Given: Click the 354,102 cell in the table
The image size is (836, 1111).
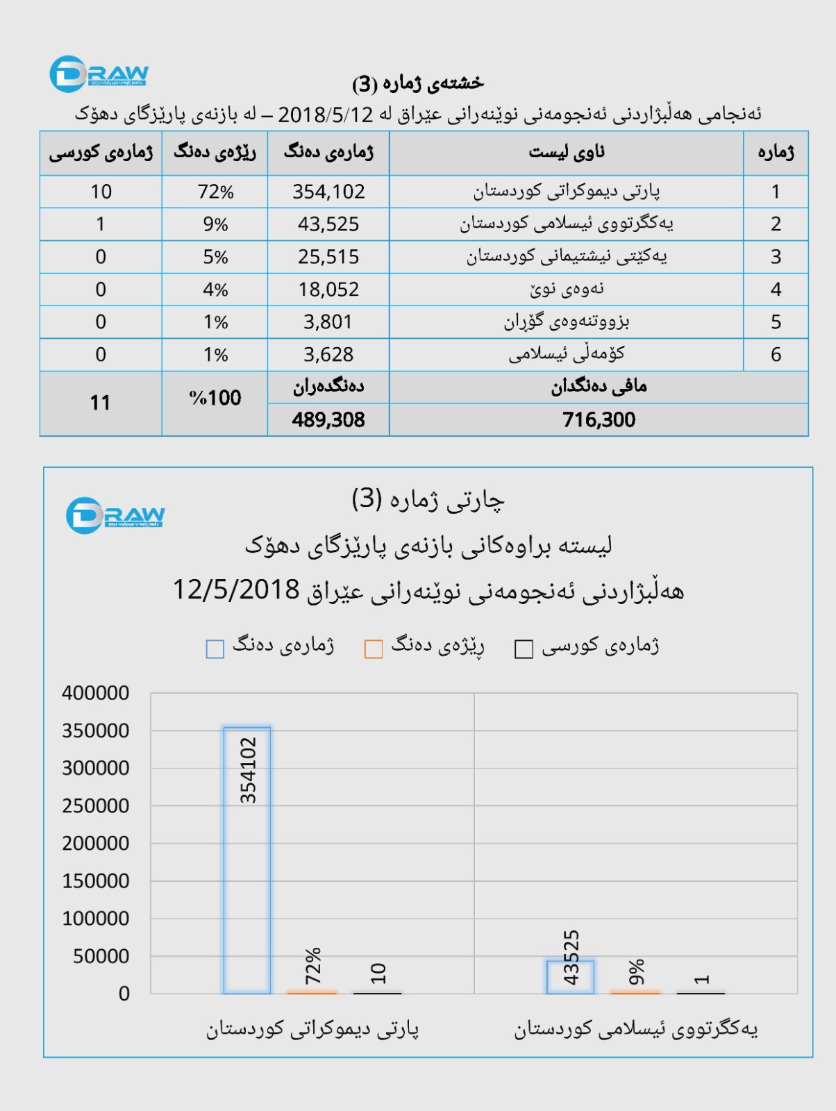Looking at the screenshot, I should tap(328, 192).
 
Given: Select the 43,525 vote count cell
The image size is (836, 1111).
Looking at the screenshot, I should tap(328, 224).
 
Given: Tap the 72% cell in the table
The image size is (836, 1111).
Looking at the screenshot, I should tap(215, 192).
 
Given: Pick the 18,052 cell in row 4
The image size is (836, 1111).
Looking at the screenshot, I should tap(328, 290).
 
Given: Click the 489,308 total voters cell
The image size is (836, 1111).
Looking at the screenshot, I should tap(328, 419).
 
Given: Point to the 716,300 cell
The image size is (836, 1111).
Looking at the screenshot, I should tap(599, 419).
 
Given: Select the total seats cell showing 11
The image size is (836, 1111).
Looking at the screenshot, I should tap(101, 403).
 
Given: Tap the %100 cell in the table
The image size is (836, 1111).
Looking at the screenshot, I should tap(215, 399).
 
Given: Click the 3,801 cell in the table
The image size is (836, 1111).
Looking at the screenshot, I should tap(328, 322).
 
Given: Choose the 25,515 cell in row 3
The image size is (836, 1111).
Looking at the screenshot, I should tap(328, 257).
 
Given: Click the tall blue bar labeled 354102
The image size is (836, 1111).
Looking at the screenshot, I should tap(247, 861).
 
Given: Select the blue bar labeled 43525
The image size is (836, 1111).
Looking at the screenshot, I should tap(570, 977).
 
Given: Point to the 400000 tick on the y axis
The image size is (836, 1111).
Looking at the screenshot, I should tap(96, 693).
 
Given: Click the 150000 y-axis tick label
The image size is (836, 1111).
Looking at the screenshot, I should tap(96, 881).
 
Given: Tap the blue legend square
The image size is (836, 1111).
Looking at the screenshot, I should tap(215, 649).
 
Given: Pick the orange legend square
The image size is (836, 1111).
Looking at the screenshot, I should tap(374, 649).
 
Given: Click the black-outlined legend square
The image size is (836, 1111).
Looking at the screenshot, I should tap(524, 649).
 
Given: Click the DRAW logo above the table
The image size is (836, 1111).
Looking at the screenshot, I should tap(99, 74).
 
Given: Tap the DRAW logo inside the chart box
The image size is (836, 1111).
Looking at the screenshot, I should tap(116, 516).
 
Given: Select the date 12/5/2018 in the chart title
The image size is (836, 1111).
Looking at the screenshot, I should tap(236, 590).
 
